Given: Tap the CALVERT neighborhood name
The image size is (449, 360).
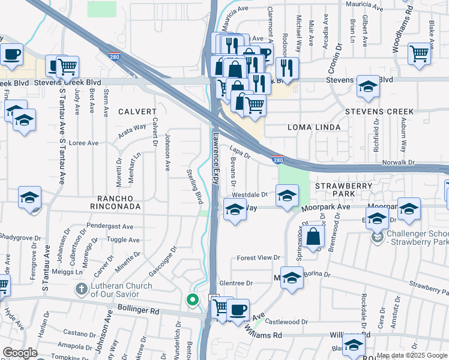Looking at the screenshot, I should [137, 112].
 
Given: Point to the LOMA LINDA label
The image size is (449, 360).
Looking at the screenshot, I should [314, 127].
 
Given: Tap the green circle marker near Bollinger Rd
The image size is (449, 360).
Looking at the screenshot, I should [192, 299].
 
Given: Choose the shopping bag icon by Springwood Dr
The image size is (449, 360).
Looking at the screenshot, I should [313, 236].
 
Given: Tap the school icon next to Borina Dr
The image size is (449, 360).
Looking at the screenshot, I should [292, 278].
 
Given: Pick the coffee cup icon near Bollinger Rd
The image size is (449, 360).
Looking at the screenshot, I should [238, 309].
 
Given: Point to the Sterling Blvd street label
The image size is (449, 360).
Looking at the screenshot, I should [194, 185].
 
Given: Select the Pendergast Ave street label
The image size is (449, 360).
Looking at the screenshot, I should [110, 227].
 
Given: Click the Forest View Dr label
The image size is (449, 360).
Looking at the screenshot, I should [259, 257].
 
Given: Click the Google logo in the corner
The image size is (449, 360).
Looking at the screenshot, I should [20, 353].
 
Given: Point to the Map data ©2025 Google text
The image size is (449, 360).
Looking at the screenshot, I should [412, 355].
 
